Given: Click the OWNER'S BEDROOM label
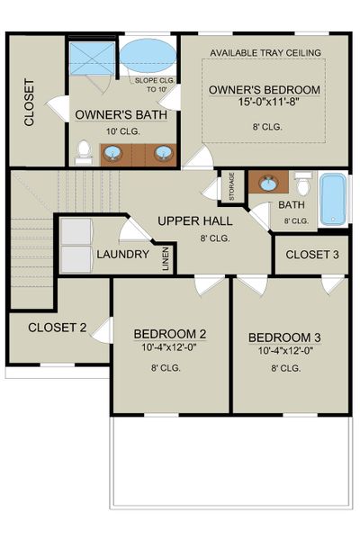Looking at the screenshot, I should [265, 90].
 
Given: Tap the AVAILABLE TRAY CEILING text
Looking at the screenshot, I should [265, 53].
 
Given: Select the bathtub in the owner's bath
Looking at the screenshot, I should [148, 57].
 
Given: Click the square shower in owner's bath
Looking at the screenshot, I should [93, 58].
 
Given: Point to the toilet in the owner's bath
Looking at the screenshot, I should [84, 152].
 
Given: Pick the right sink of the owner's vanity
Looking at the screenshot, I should [163, 153].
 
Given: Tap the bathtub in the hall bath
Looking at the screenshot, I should [332, 200].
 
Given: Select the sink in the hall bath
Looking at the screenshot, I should [267, 184].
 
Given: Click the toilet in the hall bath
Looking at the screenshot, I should [303, 186].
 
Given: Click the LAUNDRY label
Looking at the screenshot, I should [122, 255].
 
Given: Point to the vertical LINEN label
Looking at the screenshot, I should [166, 258].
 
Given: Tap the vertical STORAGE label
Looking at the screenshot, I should [231, 186].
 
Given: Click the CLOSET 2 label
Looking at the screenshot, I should [58, 327].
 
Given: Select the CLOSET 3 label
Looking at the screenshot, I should [312, 255].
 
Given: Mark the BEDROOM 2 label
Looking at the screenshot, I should [170, 334].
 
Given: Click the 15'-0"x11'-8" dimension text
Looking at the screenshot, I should [265, 104].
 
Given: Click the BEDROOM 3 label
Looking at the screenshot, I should [284, 337].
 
